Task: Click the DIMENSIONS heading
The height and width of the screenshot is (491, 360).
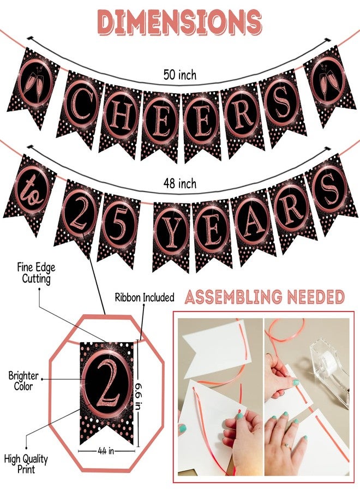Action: pyautogui.click(x=179, y=21)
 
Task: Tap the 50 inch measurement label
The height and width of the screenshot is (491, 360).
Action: pyautogui.click(x=180, y=75)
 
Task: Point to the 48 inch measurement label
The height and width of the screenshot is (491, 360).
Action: pyautogui.click(x=180, y=183)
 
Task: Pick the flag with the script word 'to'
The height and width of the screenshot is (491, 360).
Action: pyautogui.click(x=31, y=194)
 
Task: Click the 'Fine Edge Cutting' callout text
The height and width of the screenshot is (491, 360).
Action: pyautogui.click(x=37, y=273)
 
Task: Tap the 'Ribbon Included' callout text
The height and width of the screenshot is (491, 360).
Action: pyautogui.click(x=145, y=297)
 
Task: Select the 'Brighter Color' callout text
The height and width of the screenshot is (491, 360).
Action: pyautogui.click(x=23, y=381)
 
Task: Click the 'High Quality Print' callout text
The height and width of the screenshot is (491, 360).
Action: pyautogui.click(x=26, y=464)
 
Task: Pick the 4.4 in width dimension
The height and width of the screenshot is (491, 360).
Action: pyautogui.click(x=106, y=451)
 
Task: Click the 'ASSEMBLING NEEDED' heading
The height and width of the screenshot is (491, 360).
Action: pyautogui.click(x=265, y=297)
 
